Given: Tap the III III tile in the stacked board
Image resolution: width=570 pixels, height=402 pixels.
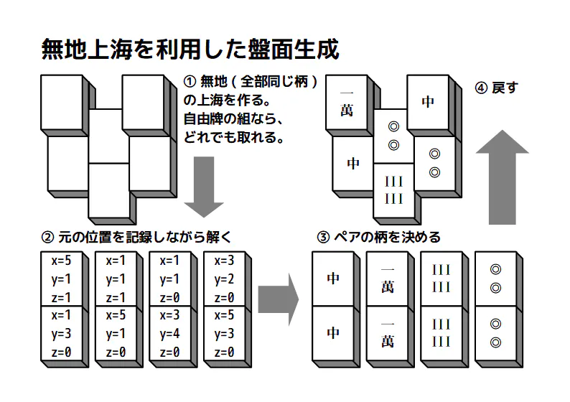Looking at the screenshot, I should point(393,189).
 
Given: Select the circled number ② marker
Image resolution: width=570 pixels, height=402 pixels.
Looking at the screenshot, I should point(49,237).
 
